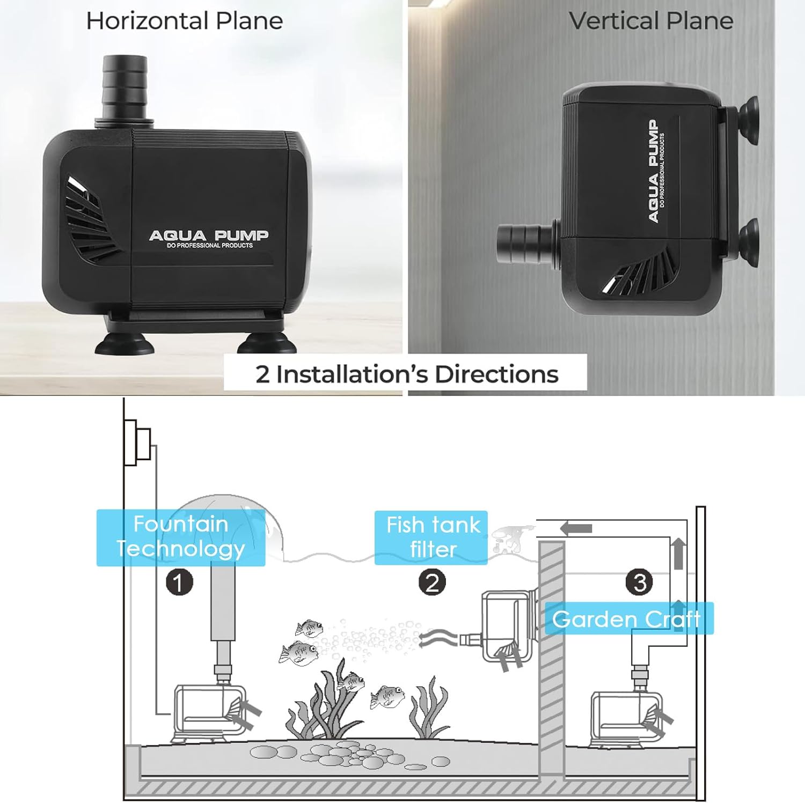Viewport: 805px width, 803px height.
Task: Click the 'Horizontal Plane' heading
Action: (184, 21)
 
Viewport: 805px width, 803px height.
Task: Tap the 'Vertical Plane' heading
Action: (651, 21)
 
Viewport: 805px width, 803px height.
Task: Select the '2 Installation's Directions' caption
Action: (406, 374)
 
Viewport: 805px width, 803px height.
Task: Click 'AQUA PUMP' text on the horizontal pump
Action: (209, 235)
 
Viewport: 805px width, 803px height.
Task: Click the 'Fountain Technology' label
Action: (181, 537)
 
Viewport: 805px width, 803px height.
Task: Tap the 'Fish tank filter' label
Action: (431, 537)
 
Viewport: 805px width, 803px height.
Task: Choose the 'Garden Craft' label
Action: (627, 619)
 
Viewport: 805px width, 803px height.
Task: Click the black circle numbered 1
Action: (179, 583)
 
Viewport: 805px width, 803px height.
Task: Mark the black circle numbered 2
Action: (432, 583)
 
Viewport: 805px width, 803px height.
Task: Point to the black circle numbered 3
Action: (639, 583)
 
